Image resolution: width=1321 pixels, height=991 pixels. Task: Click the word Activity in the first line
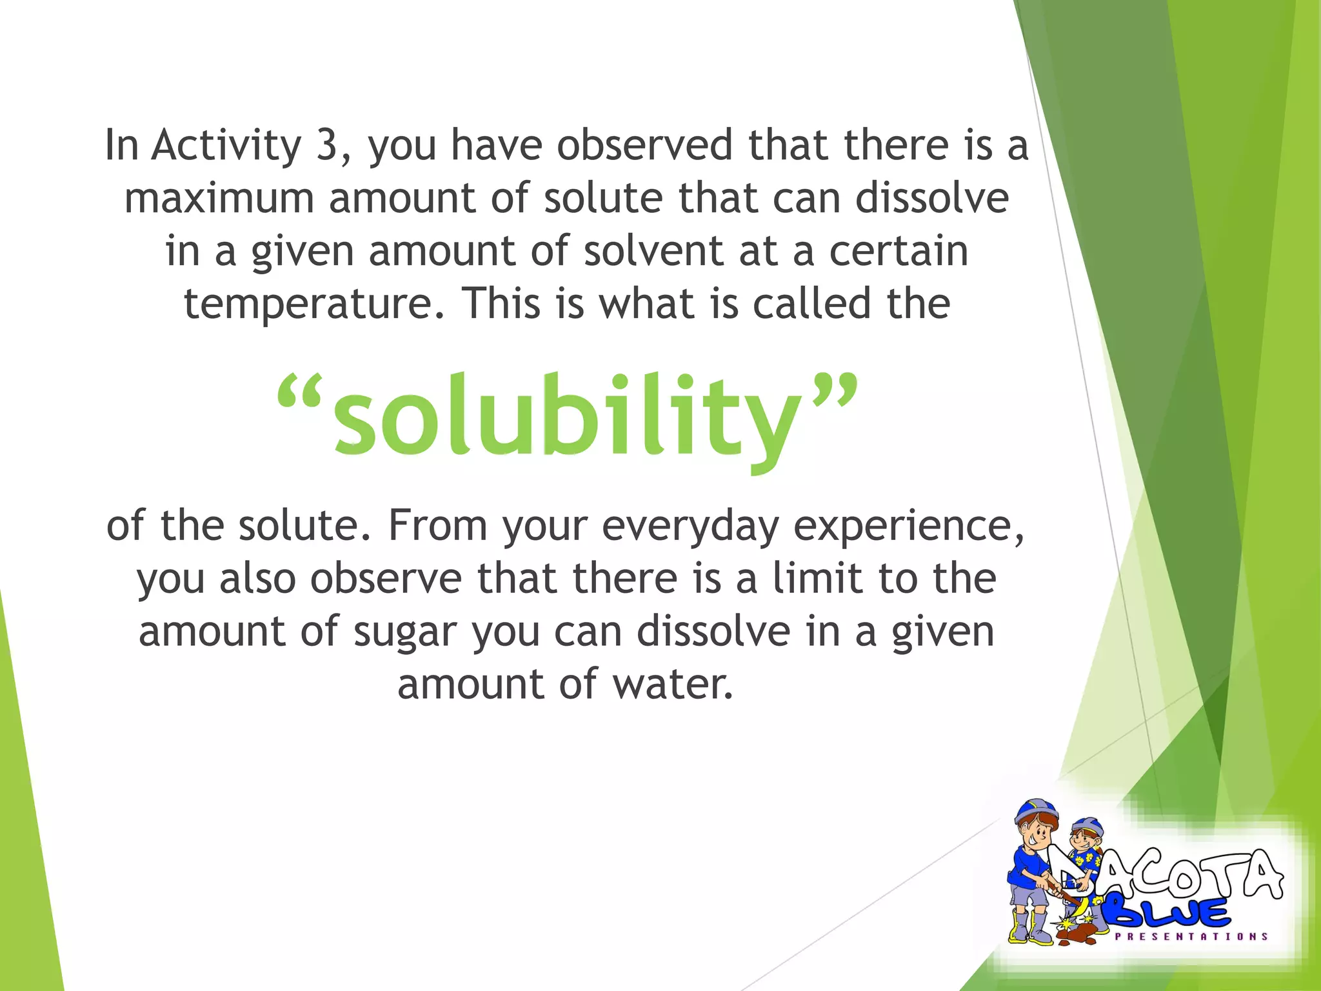[x=226, y=146]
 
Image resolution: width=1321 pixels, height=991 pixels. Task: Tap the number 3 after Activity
[x=327, y=145]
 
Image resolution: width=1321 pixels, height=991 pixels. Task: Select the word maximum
[x=219, y=198]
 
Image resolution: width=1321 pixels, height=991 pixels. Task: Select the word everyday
[x=690, y=526]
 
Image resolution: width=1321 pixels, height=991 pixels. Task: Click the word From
[x=437, y=525]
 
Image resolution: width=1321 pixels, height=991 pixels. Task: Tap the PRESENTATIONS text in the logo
[x=1191, y=936]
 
